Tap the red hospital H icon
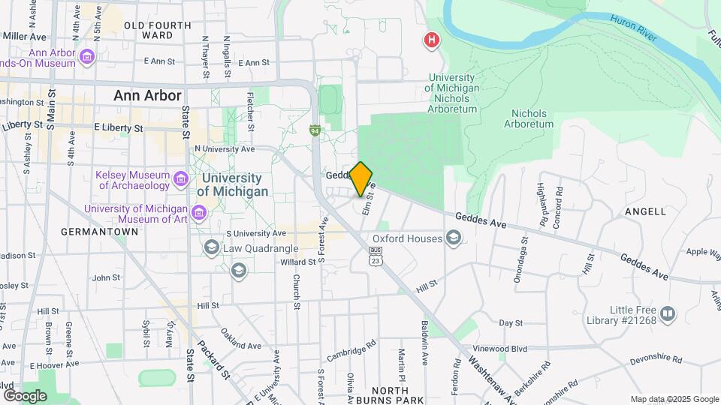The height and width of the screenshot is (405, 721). pos(432,40)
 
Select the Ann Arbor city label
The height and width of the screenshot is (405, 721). pos(147,96)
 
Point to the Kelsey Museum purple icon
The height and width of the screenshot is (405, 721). pos(180,179)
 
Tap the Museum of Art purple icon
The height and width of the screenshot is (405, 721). pos(199,214)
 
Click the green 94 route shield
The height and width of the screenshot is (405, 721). pos(316,130)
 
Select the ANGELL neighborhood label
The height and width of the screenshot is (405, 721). pos(644,211)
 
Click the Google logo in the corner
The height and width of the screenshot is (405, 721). pos(26,395)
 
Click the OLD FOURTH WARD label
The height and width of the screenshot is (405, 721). pos(158,30)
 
